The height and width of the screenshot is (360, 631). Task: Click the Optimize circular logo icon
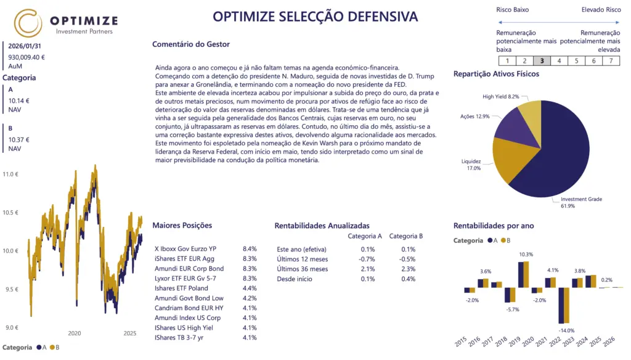pyautogui.click(x=28, y=23)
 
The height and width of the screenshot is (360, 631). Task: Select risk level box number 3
pyautogui.click(x=542, y=60)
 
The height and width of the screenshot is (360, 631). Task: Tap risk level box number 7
pyautogui.click(x=611, y=60)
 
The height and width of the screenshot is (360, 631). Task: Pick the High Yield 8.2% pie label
pyautogui.click(x=500, y=97)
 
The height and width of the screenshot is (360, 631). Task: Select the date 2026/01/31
pyautogui.click(x=25, y=46)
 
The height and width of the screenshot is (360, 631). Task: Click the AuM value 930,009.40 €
pyautogui.click(x=26, y=57)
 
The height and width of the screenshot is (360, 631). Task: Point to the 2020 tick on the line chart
pyautogui.click(x=75, y=333)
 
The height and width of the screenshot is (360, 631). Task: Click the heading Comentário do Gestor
pyautogui.click(x=190, y=44)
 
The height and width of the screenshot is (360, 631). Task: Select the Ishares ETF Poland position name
pyautogui.click(x=181, y=288)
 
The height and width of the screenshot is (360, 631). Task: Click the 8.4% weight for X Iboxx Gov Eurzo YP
pyautogui.click(x=250, y=248)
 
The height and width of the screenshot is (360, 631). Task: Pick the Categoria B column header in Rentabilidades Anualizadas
pyautogui.click(x=406, y=236)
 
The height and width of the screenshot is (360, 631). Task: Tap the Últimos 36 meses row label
pyautogui.click(x=303, y=269)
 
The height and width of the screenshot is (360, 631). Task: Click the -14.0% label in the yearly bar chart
pyautogui.click(x=566, y=331)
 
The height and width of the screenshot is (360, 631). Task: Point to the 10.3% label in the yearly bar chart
pyautogui.click(x=526, y=255)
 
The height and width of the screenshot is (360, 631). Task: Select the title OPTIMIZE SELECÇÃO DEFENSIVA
pyautogui.click(x=315, y=17)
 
